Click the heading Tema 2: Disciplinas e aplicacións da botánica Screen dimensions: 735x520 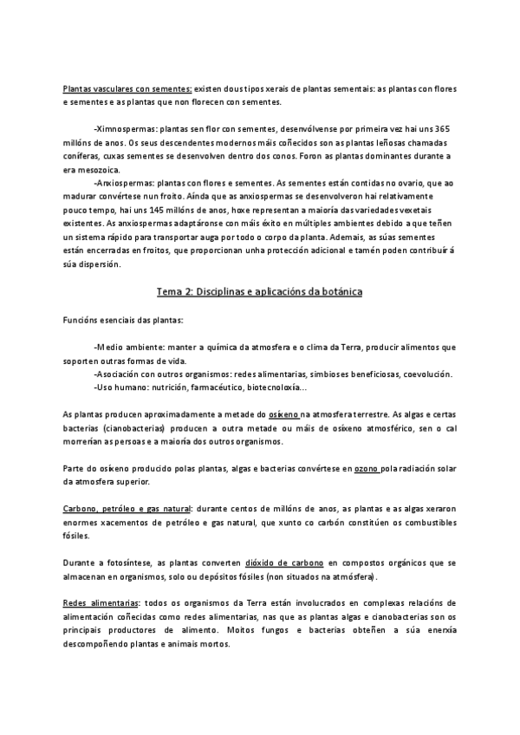tap(260, 292)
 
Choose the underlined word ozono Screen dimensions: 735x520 tap(343, 469)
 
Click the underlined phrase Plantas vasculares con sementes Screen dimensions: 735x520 tap(127, 89)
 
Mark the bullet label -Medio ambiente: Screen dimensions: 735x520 tap(125, 347)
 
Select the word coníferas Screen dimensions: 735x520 tap(83, 156)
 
